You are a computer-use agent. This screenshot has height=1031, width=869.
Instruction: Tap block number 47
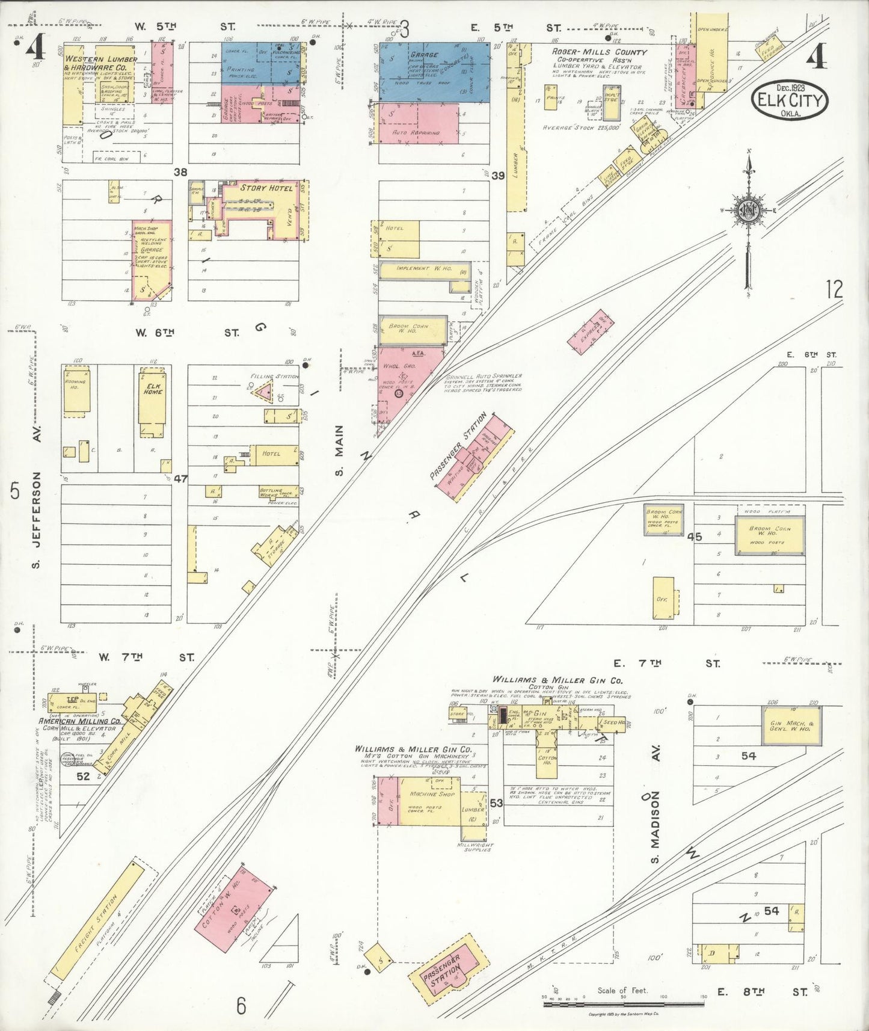(180, 479)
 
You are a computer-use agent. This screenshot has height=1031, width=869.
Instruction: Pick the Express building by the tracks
(591, 330)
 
